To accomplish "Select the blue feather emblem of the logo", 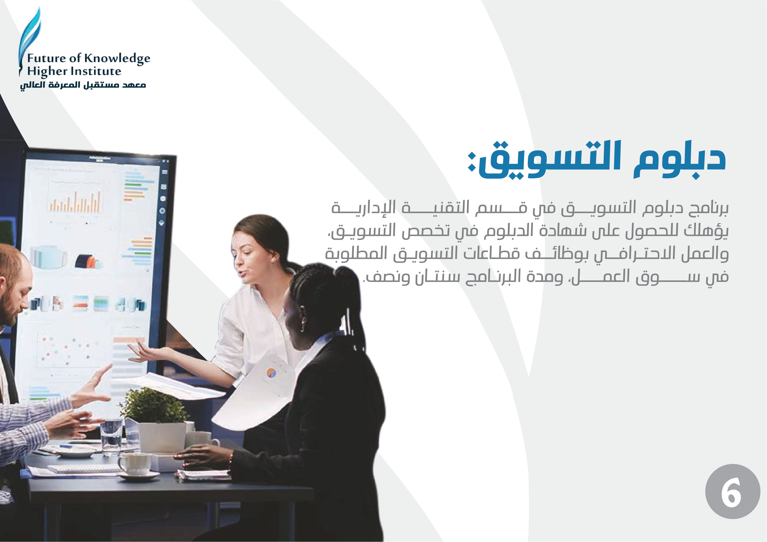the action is tap(29, 40).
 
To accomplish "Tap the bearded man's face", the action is tap(13, 294).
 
